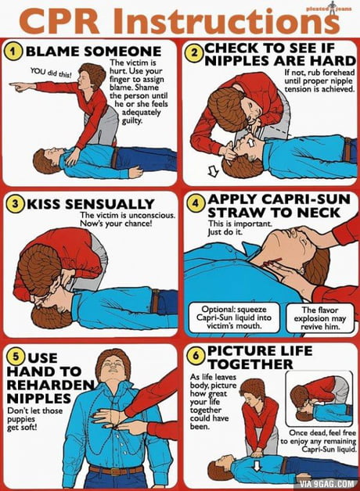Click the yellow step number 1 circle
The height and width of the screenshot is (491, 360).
14,52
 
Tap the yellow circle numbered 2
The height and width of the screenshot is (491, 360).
195,52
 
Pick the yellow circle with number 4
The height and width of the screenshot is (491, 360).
195,203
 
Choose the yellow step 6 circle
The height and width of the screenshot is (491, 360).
195,355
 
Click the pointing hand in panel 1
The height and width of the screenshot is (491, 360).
20,86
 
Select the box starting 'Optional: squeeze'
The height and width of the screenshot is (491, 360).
234,317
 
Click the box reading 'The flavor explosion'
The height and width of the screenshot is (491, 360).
319,318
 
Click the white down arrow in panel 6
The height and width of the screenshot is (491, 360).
257,465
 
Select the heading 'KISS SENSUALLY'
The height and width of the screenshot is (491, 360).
90,204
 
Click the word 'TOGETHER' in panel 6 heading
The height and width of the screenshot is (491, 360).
250,364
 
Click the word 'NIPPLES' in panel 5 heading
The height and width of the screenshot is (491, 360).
39,399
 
